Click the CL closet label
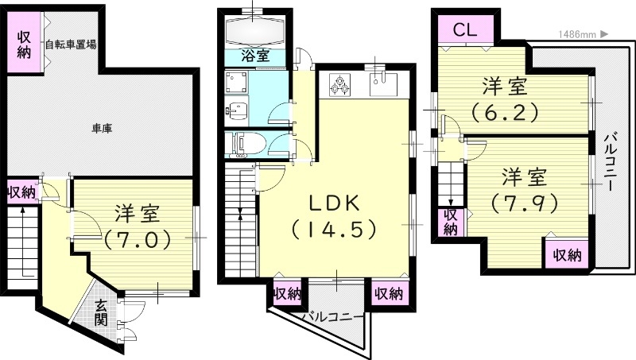pos(465,29)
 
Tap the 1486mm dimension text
pos(578,34)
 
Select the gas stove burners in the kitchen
pos(339,84)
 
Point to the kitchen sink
pos(383,84)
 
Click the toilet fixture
pos(247,145)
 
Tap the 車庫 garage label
pos(102,129)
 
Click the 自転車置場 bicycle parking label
pos(71,45)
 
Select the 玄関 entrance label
pos(101,312)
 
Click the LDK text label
pos(335,203)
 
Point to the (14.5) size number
pos(334,230)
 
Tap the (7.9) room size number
pos(525,204)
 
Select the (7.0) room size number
pos(138,239)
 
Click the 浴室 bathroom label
pos(255,56)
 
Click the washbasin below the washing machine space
pos(237,110)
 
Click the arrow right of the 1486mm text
pos(604,34)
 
